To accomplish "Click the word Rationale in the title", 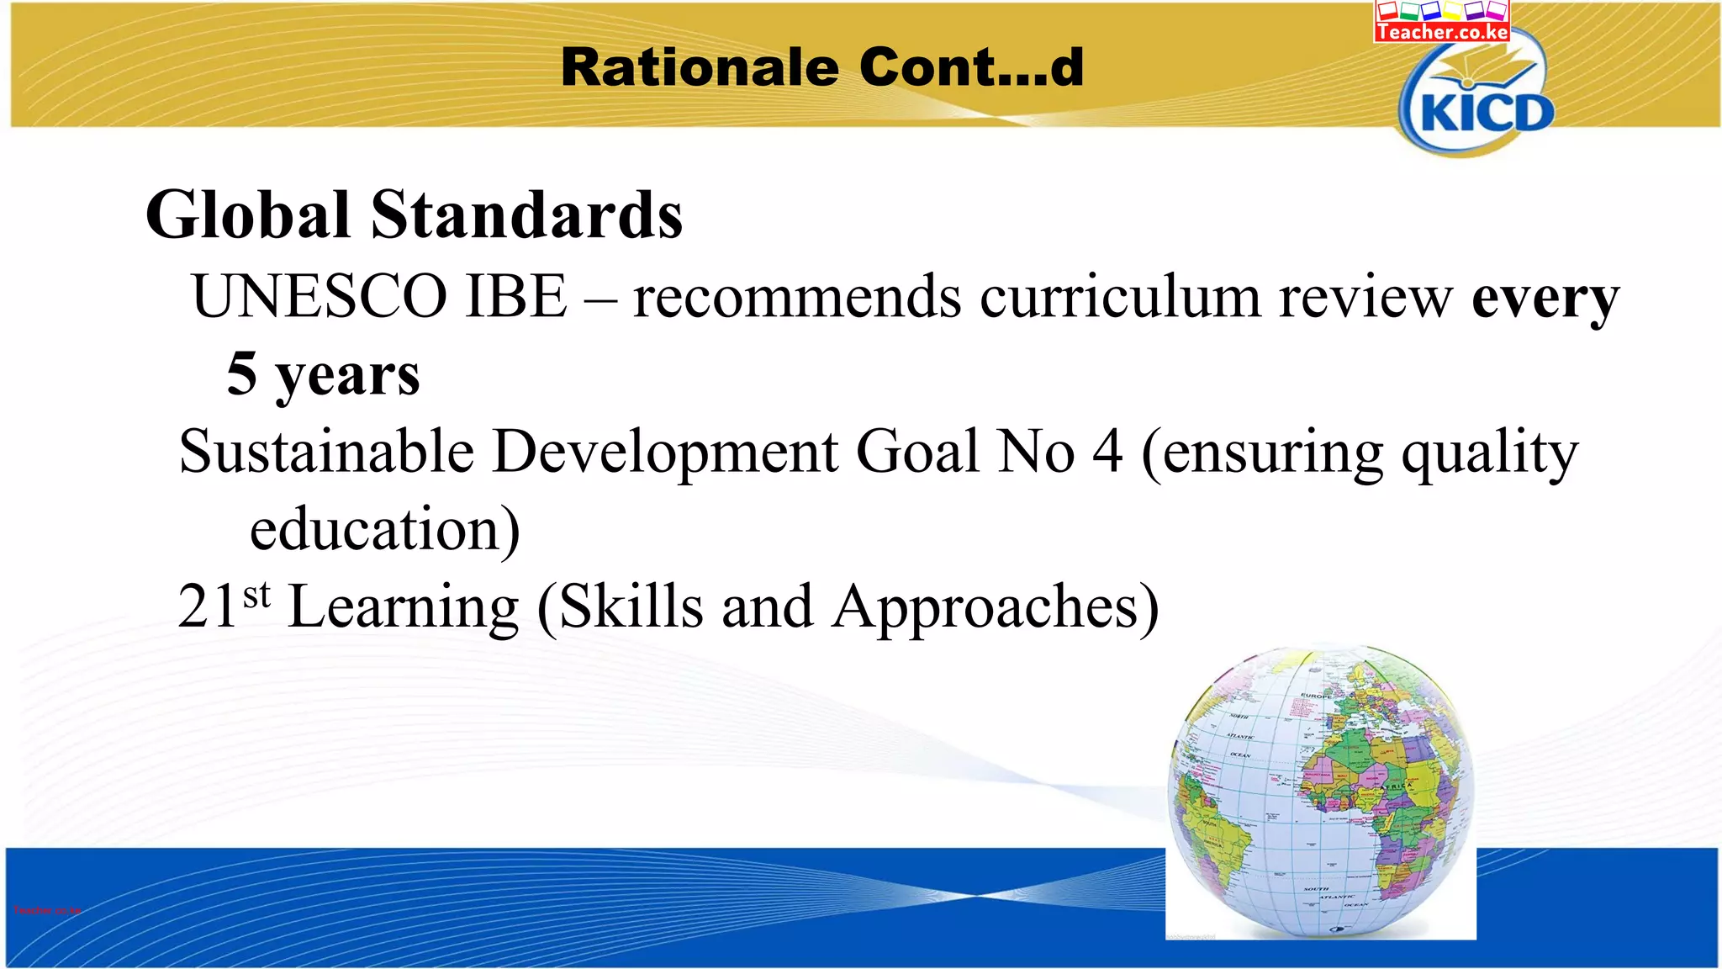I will pos(700,67).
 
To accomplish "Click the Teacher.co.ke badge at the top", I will pos(1442,22).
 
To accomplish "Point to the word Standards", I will pos(526,215).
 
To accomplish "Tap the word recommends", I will pos(797,298).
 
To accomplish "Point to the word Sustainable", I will pos(326,452).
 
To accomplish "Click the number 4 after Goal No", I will pos(1107,452).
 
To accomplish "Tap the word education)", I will pos(385,530).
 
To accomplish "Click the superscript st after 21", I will pos(257,595).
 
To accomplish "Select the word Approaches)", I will pos(996,607).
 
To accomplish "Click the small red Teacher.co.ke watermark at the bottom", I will pos(47,910).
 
